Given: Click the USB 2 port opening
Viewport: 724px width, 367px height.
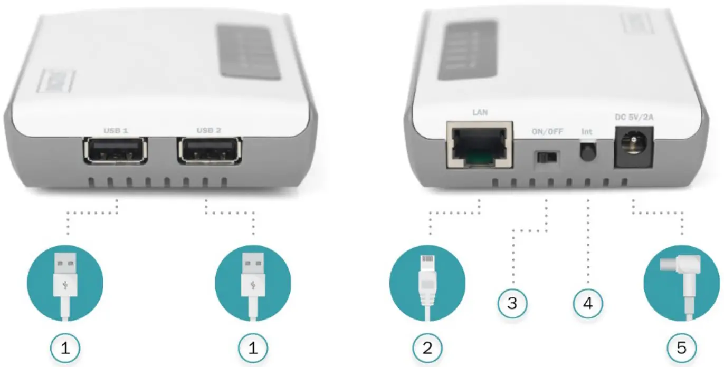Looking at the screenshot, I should pos(209,151).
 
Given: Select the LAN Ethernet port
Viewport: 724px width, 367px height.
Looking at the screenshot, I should pos(479,144).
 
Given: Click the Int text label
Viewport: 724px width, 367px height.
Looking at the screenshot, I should pos(587,130).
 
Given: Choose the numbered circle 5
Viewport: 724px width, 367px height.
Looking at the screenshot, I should pos(682,347).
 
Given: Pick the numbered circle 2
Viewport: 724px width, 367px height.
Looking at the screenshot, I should pos(427,347).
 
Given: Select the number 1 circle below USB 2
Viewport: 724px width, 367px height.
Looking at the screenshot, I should pos(253,347).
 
